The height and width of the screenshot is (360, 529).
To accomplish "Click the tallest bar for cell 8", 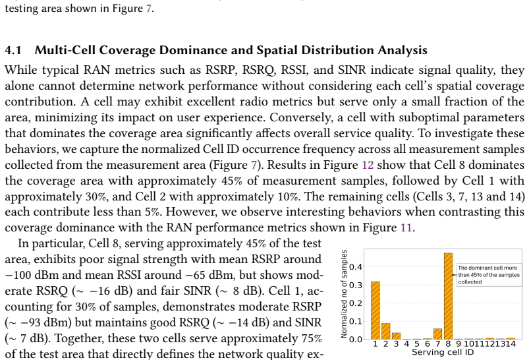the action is point(448,296).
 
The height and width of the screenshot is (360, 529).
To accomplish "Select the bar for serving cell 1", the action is point(375,310).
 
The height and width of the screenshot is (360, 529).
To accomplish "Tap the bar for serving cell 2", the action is point(385,331).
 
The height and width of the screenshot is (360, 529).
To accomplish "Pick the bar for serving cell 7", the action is point(437,334).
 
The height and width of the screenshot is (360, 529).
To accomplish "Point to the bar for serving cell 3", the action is point(396,336).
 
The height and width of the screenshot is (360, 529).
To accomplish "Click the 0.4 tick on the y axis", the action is point(356,267).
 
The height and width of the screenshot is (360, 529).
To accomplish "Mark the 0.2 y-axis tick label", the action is point(356,303).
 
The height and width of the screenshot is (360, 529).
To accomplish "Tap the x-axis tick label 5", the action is point(416,344).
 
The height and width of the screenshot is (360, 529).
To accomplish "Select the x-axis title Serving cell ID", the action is point(443,352).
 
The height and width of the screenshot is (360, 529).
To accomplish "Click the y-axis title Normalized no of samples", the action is point(344,294).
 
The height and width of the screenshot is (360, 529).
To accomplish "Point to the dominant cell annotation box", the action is point(489,275).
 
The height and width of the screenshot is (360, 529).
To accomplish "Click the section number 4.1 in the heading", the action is point(13,50).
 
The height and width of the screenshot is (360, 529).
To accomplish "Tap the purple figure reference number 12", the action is point(368,165).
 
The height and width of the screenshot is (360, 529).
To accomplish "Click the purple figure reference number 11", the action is point(406,227).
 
